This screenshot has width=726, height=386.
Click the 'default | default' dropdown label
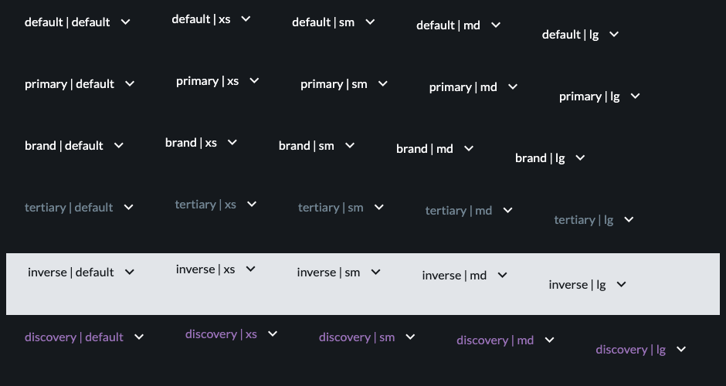67,22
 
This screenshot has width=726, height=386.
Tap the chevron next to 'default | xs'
246,19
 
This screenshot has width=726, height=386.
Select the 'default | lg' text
570,35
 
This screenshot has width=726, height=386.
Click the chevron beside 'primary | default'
130,84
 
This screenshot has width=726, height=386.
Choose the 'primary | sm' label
334,84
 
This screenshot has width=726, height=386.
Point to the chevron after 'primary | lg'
635,96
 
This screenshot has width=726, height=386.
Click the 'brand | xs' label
191,143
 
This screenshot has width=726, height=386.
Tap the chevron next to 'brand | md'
469,148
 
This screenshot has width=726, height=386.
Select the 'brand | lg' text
540,158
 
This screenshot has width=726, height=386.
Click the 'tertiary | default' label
69,208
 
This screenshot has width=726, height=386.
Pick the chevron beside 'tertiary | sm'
378,208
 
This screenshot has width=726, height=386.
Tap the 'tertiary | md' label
458,211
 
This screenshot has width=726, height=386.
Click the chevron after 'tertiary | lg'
629,220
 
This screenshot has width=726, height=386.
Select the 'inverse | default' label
70,273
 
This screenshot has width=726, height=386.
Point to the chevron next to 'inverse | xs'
250,269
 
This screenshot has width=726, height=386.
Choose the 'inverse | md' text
454,276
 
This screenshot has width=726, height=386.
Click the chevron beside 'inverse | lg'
622,285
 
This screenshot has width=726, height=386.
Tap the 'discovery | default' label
73,337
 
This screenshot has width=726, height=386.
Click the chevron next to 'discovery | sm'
410,337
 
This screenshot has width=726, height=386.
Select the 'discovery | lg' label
631,350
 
